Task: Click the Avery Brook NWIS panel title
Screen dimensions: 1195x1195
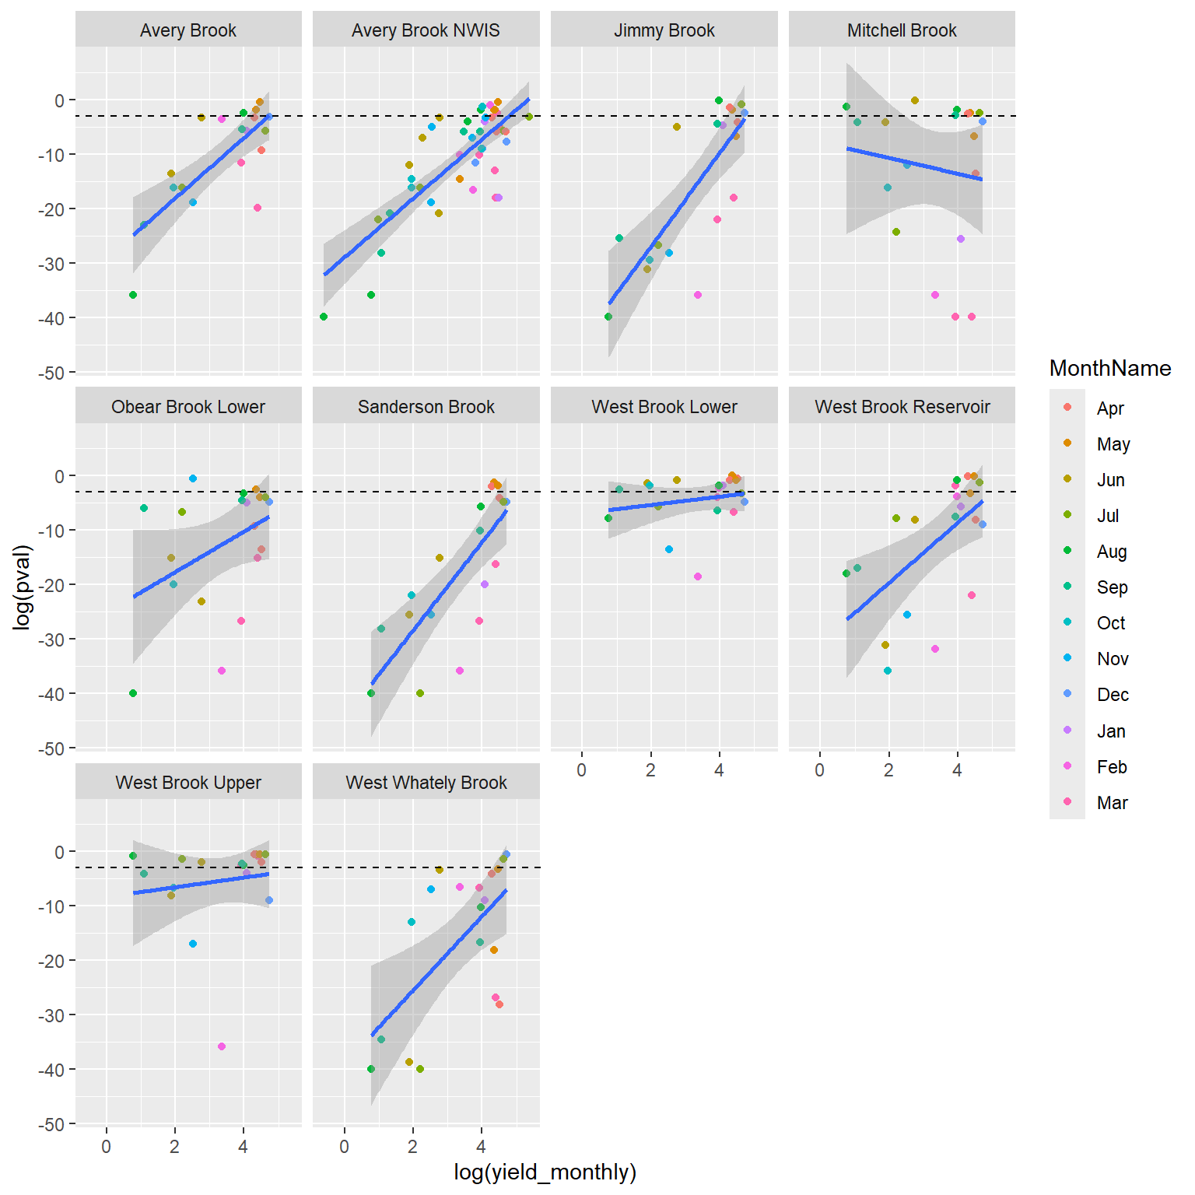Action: pyautogui.click(x=426, y=30)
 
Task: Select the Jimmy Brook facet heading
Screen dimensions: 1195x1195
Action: pyautogui.click(x=664, y=30)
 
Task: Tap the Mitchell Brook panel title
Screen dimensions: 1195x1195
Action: pyautogui.click(x=902, y=30)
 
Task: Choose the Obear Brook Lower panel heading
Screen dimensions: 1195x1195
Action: pyautogui.click(x=188, y=407)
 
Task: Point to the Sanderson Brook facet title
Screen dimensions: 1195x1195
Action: pyautogui.click(x=426, y=407)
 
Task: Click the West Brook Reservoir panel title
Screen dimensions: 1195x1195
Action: pyautogui.click(x=902, y=407)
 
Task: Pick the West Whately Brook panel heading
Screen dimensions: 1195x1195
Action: pyautogui.click(x=426, y=783)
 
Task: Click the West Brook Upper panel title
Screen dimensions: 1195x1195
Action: pyautogui.click(x=188, y=783)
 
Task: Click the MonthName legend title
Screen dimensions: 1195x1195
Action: pyautogui.click(x=1109, y=368)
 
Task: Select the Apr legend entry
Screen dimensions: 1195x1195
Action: pyautogui.click(x=1110, y=408)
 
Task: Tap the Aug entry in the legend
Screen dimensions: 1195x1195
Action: pyautogui.click(x=1111, y=552)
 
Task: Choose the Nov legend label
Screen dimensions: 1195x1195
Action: pyautogui.click(x=1112, y=659)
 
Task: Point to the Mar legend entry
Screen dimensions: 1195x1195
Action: pyautogui.click(x=1112, y=803)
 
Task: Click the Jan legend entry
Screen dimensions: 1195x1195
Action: pyautogui.click(x=1111, y=731)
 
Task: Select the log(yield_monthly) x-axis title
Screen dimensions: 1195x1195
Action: pyautogui.click(x=545, y=1172)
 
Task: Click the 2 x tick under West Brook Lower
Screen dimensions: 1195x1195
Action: pyautogui.click(x=650, y=770)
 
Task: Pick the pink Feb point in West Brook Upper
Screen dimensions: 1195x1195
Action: pyautogui.click(x=222, y=1046)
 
